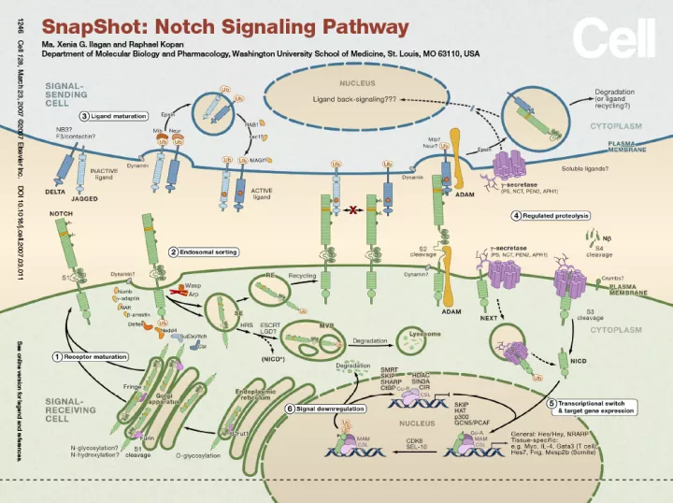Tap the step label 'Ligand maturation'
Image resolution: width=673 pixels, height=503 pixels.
tap(119, 116)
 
